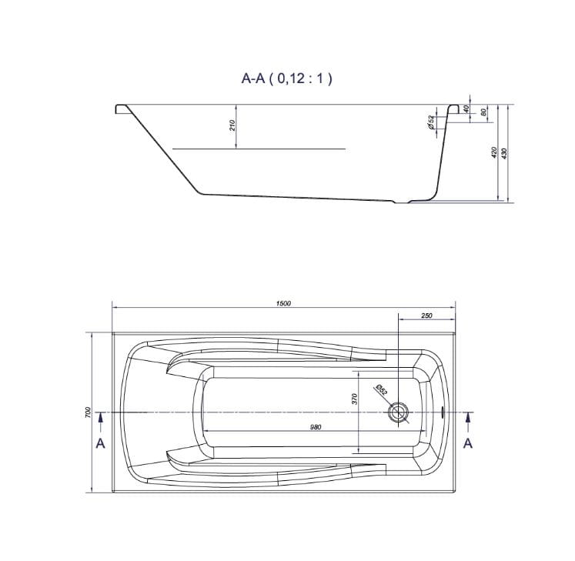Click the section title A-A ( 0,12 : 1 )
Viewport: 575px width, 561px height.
tap(286, 78)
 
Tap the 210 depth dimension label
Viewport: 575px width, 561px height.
tap(232, 126)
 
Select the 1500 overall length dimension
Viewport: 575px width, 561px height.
tap(283, 303)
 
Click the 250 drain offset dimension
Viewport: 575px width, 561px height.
tap(426, 316)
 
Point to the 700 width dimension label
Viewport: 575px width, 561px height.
tap(87, 412)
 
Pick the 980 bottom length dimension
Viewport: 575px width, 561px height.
tap(316, 427)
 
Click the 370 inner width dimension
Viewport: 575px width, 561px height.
tap(354, 399)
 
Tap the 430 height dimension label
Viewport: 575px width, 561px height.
tap(504, 153)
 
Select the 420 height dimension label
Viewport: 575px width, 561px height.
tap(494, 152)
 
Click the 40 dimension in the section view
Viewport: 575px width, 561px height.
tap(466, 109)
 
